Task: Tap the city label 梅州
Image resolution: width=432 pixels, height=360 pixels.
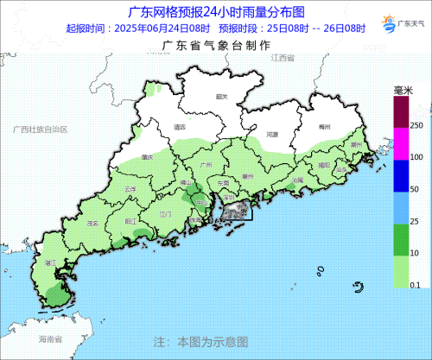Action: click(x=325, y=127)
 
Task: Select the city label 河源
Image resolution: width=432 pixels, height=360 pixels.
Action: click(x=272, y=136)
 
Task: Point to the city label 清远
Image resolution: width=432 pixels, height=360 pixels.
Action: click(x=180, y=127)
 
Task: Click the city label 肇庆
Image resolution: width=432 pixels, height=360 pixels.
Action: click(x=147, y=157)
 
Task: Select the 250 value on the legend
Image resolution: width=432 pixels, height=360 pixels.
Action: click(x=415, y=126)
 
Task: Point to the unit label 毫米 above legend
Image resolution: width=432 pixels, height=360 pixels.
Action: click(x=403, y=90)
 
